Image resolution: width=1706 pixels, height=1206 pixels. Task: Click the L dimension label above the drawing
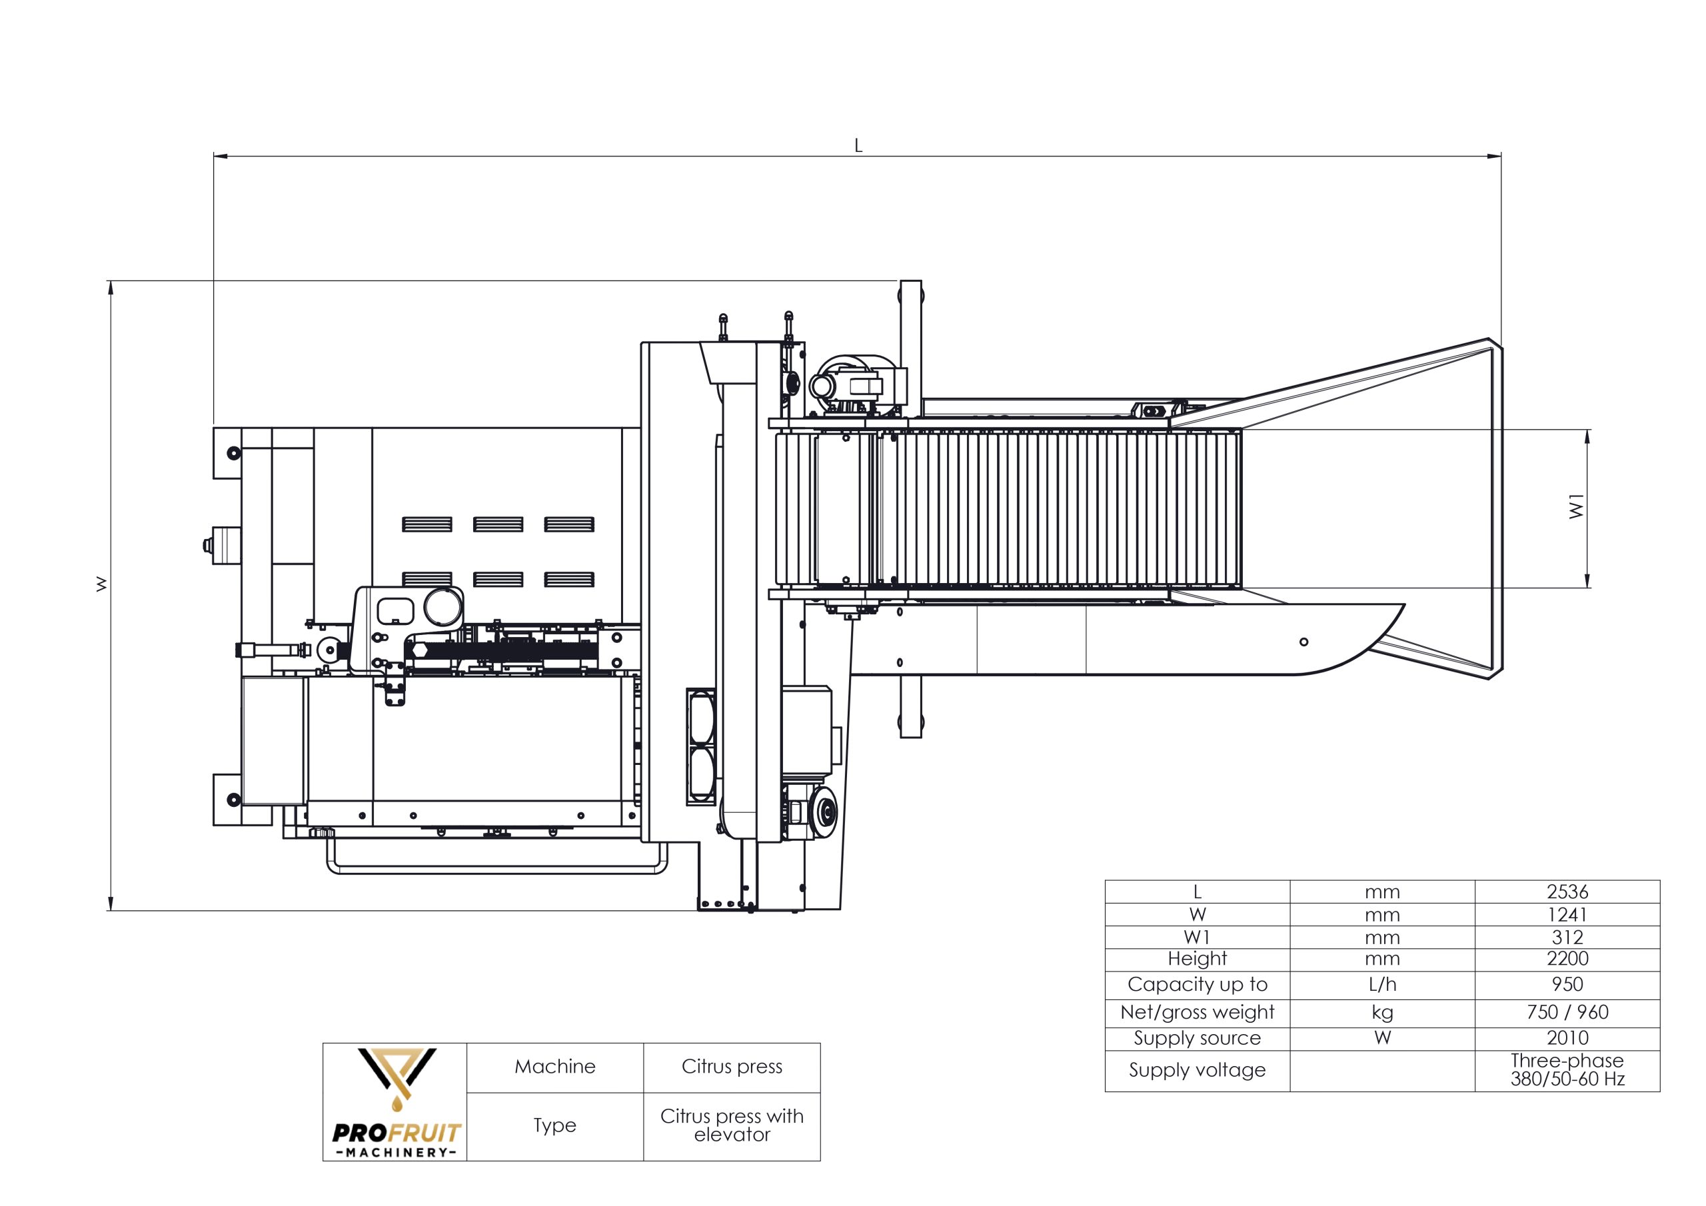[858, 146]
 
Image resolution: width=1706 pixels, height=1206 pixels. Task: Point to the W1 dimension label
[1576, 507]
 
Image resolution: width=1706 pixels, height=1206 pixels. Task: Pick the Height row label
[1197, 959]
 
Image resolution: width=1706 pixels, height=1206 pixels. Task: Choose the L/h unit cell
[1382, 985]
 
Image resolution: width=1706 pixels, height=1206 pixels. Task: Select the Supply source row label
[1197, 1038]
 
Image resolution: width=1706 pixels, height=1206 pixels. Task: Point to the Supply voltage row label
[1197, 1070]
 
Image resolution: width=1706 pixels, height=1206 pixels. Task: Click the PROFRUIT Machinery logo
[395, 1102]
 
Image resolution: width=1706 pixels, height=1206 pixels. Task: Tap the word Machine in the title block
[555, 1067]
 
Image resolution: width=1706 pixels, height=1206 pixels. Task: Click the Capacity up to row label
[1197, 985]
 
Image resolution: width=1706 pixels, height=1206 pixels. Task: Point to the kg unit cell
[1382, 1012]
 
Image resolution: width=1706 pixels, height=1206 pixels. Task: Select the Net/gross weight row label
[1197, 1012]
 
